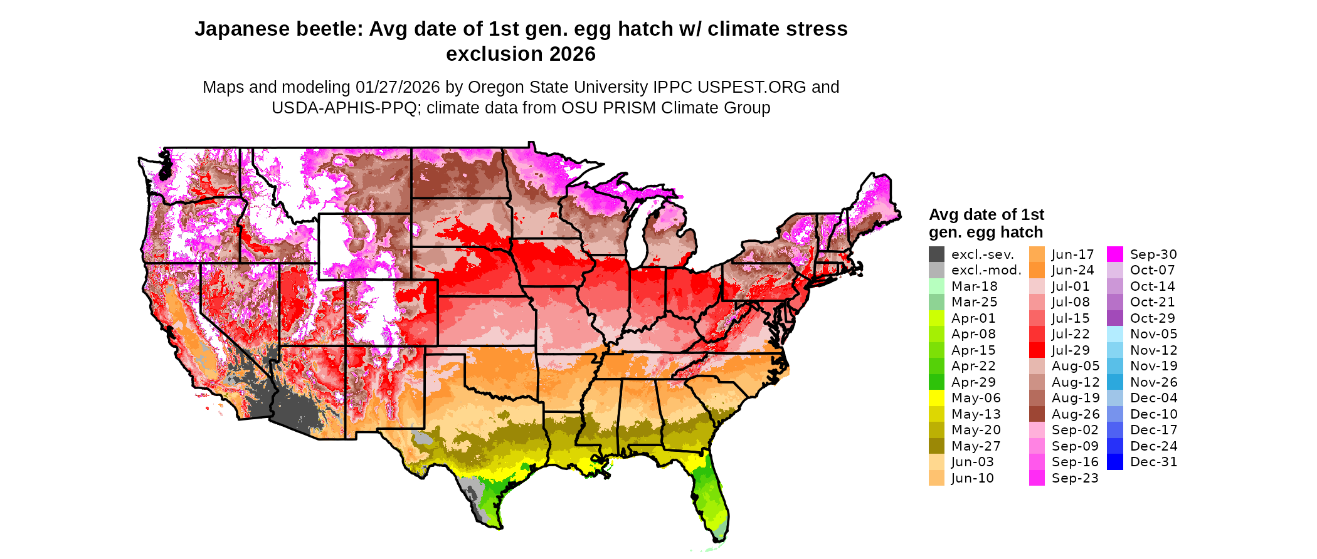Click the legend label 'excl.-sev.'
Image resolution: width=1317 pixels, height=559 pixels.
point(982,254)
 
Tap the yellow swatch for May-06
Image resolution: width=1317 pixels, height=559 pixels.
point(936,398)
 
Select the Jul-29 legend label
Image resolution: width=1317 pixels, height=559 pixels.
point(1071,350)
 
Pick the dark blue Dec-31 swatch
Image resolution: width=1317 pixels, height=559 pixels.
point(1115,462)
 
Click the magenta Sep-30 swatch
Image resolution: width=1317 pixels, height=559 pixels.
point(1115,254)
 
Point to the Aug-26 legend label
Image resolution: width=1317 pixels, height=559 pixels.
point(1075,414)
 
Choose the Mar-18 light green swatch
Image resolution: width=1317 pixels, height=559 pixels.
point(936,286)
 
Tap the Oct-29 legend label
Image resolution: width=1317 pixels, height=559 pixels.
point(1152,318)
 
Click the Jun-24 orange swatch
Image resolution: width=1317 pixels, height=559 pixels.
point(1037,270)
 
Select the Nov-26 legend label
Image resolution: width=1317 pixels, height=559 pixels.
point(1153,382)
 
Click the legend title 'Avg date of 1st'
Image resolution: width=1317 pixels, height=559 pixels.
point(986,215)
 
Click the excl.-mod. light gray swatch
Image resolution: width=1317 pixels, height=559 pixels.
point(936,270)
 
